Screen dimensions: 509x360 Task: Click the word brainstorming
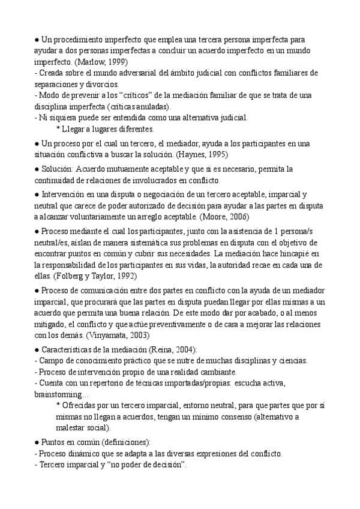[x=61, y=395]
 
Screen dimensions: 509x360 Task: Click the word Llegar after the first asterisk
[x=75, y=129]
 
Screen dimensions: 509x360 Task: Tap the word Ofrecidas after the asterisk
[x=82, y=406]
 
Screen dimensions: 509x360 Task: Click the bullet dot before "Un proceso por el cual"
[x=37, y=143]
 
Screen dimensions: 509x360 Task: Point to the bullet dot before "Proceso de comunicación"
[x=37, y=290]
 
